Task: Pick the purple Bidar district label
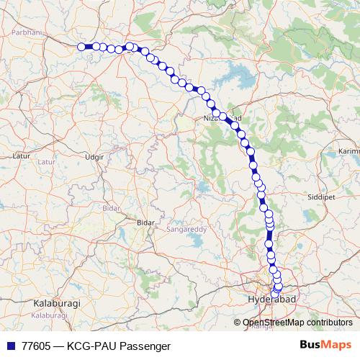click(111, 207)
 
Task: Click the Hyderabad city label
click(271, 298)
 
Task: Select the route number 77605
click(36, 346)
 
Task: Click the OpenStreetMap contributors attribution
click(297, 322)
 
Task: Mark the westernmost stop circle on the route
click(81, 47)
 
